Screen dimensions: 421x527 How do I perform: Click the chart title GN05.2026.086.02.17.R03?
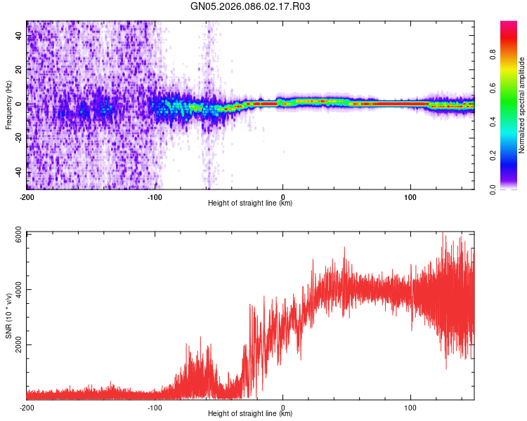[251, 7]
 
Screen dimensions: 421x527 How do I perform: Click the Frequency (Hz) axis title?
[8, 105]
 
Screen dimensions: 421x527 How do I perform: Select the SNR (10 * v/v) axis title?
[8, 315]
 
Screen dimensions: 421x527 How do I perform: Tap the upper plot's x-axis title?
[250, 203]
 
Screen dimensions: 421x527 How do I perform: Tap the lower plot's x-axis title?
[250, 414]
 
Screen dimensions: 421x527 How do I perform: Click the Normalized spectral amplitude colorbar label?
[521, 105]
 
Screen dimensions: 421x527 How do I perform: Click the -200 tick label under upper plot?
[27, 196]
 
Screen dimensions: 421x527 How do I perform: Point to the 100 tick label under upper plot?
[410, 196]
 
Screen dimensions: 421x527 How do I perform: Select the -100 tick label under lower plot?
[155, 407]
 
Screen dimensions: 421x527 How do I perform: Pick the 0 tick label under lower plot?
[282, 407]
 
